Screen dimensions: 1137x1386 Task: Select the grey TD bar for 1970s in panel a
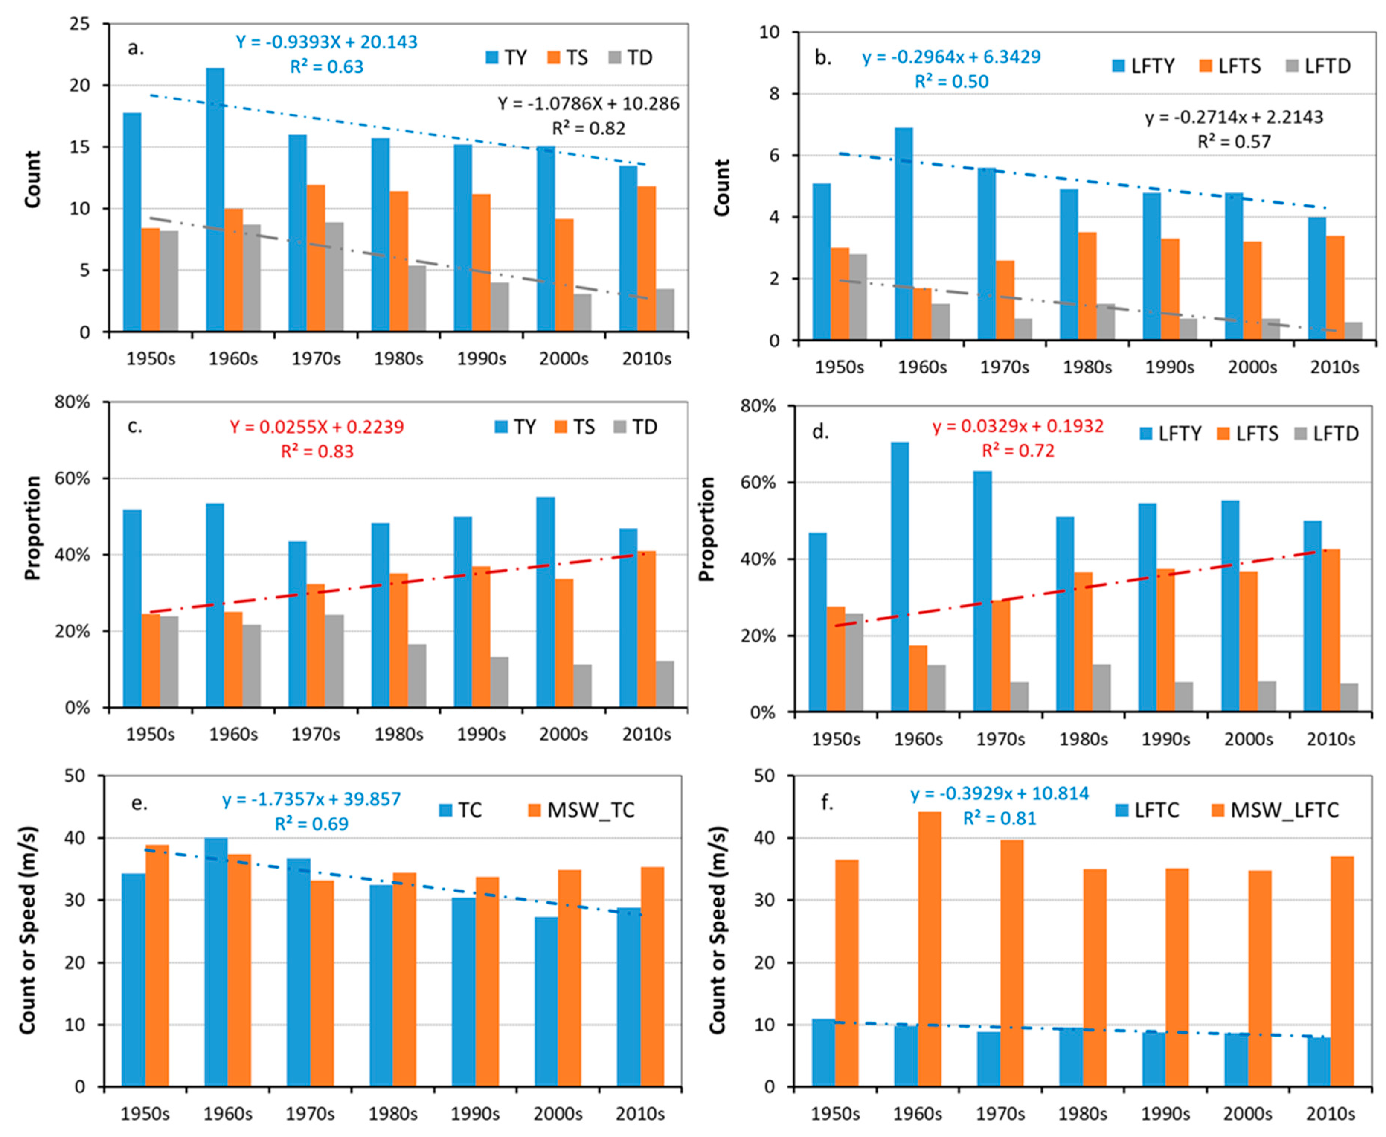point(334,277)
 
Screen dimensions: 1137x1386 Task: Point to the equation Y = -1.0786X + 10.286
point(588,103)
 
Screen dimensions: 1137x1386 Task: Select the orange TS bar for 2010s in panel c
point(646,629)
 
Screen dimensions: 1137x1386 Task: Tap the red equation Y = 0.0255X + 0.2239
point(317,427)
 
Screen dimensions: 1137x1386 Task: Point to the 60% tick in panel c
point(73,478)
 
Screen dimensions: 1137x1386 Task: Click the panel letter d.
point(820,432)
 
